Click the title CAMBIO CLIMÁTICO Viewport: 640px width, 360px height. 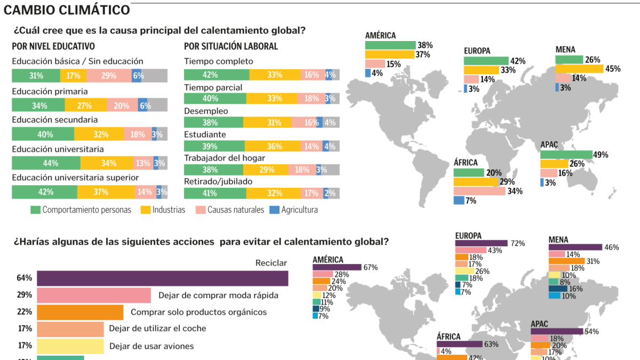pos(67,10)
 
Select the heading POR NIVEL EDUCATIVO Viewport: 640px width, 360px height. pos(53,46)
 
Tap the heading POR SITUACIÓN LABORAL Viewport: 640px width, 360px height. pos(231,46)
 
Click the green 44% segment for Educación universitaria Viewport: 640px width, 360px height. pos(46,163)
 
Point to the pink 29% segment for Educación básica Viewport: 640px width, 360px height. pos(109,76)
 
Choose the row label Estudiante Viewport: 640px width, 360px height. pos(205,135)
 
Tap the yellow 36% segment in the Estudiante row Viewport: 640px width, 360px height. pos(274,146)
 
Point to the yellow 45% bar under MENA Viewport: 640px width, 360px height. pos(579,69)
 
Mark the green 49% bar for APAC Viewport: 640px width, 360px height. pos(566,155)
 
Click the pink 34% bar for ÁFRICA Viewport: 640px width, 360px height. pos(479,191)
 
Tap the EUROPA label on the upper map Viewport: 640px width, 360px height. pos(477,51)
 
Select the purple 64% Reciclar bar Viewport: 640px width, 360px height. pos(162,278)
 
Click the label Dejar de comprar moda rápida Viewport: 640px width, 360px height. pos(218,295)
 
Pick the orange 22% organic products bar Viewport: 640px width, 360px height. pos(80,312)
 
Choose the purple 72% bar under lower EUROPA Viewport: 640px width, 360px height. pos(481,243)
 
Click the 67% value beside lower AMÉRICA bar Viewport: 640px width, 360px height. pos(371,267)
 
